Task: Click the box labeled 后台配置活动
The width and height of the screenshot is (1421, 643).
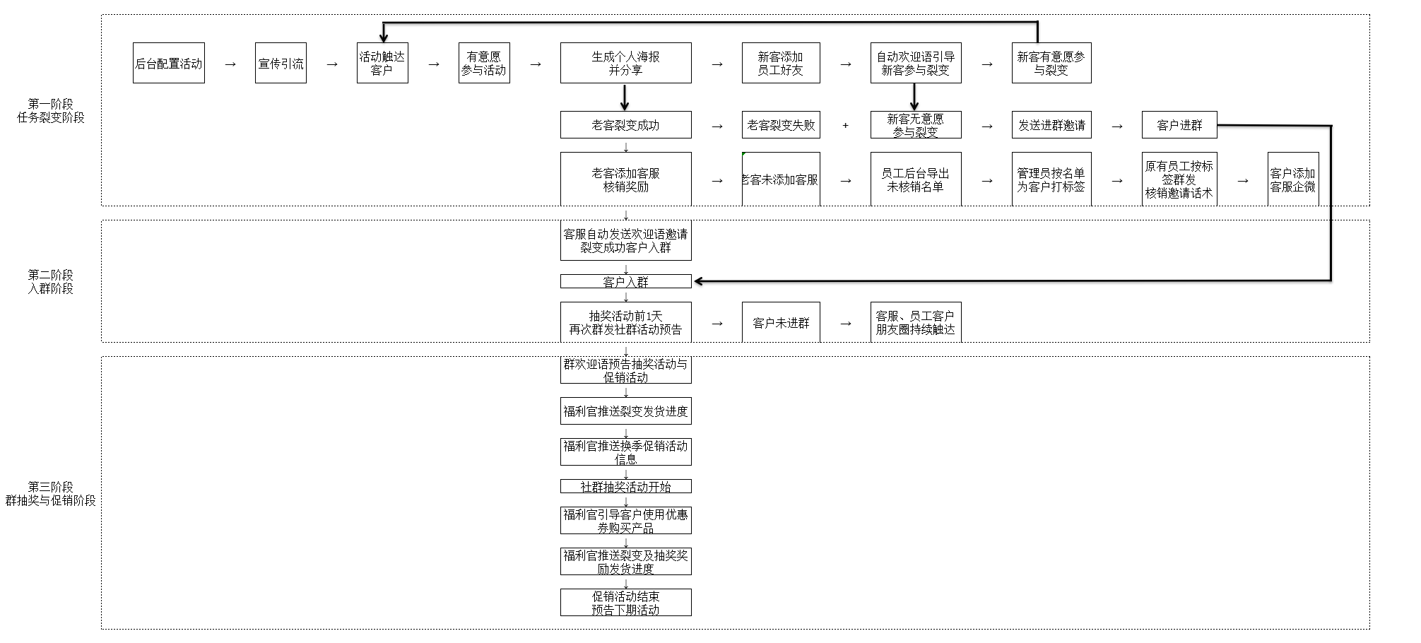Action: (x=168, y=63)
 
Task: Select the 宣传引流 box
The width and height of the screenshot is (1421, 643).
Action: (x=281, y=63)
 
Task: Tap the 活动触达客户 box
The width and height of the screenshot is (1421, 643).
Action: (x=382, y=63)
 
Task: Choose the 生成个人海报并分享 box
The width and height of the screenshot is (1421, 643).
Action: (x=625, y=63)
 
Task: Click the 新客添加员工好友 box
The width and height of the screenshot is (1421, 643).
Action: (x=781, y=63)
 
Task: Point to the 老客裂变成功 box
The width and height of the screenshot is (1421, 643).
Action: (x=625, y=125)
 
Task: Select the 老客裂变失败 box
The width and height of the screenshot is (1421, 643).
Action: (x=781, y=125)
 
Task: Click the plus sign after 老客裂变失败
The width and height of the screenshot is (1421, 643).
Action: (x=845, y=126)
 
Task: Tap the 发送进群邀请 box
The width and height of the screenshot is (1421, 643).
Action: (x=1051, y=125)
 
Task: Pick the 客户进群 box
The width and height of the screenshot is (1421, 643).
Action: (x=1179, y=125)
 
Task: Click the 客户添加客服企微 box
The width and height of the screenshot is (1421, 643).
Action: (x=1293, y=179)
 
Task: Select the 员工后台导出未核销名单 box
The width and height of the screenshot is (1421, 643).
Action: (x=915, y=179)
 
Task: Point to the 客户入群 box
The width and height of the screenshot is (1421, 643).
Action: (x=625, y=281)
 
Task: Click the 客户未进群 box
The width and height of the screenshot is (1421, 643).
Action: (x=781, y=323)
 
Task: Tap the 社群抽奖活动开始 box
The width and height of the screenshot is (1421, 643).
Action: (x=625, y=486)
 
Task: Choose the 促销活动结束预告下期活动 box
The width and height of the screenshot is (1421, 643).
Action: (x=625, y=602)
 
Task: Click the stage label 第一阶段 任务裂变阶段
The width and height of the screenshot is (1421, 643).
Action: (x=51, y=111)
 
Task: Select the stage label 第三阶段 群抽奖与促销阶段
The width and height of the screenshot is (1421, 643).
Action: (x=51, y=493)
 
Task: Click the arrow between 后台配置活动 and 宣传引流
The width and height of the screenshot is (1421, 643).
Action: (x=230, y=64)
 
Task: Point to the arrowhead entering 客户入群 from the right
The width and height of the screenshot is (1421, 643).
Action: (x=699, y=281)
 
